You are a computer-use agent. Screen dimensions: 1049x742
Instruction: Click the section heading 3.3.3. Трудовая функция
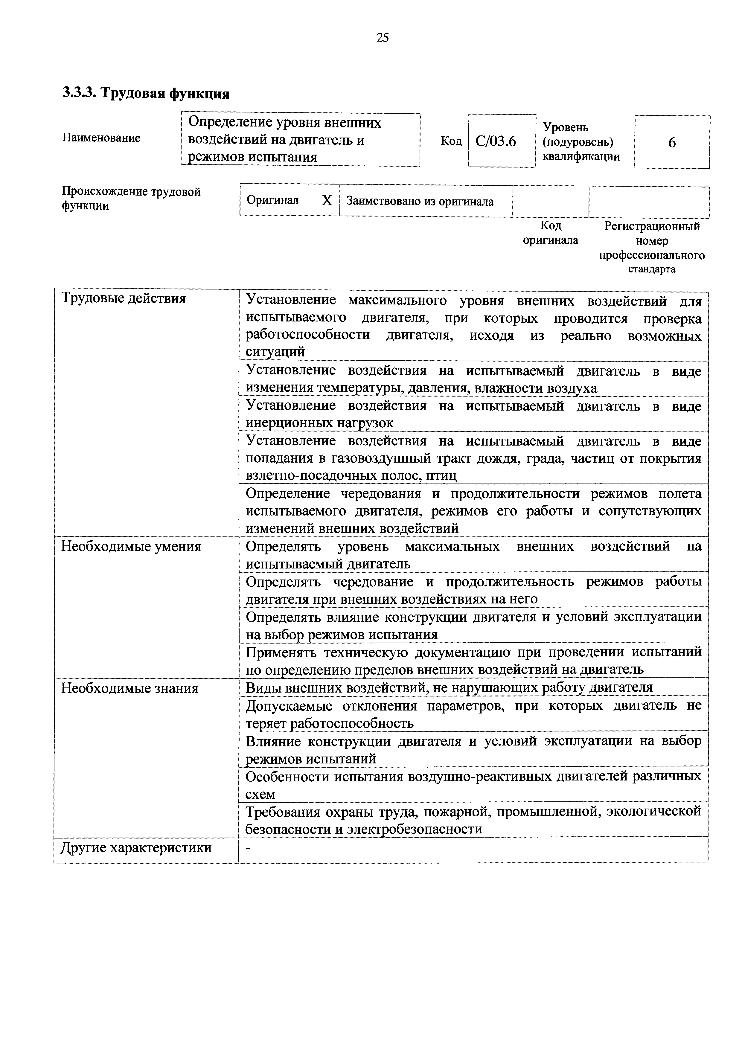[146, 93]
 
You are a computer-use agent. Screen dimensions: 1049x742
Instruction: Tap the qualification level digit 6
[672, 143]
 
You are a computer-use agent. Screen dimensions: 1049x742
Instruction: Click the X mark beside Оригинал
[327, 200]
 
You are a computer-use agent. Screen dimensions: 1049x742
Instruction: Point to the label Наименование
[101, 138]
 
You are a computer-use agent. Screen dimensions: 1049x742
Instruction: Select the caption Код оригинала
[551, 233]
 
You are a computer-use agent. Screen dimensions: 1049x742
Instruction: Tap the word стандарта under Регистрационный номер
[652, 269]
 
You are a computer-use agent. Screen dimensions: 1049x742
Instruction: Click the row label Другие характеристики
[136, 848]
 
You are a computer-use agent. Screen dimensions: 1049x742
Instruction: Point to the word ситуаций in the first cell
[275, 352]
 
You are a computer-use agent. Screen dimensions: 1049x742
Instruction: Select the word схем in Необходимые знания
[260, 794]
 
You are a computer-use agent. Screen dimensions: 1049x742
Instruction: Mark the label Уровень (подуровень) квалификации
[581, 142]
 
